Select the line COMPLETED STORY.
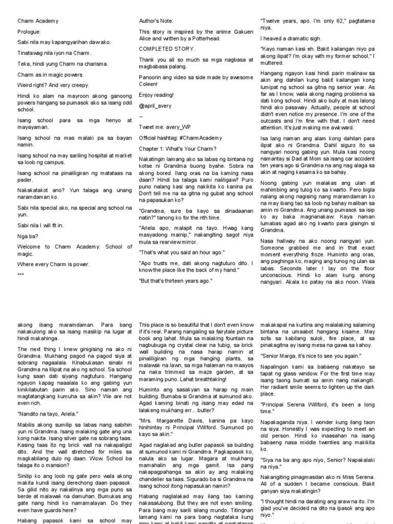tap(167, 49)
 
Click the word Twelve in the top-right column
tap(273, 21)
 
